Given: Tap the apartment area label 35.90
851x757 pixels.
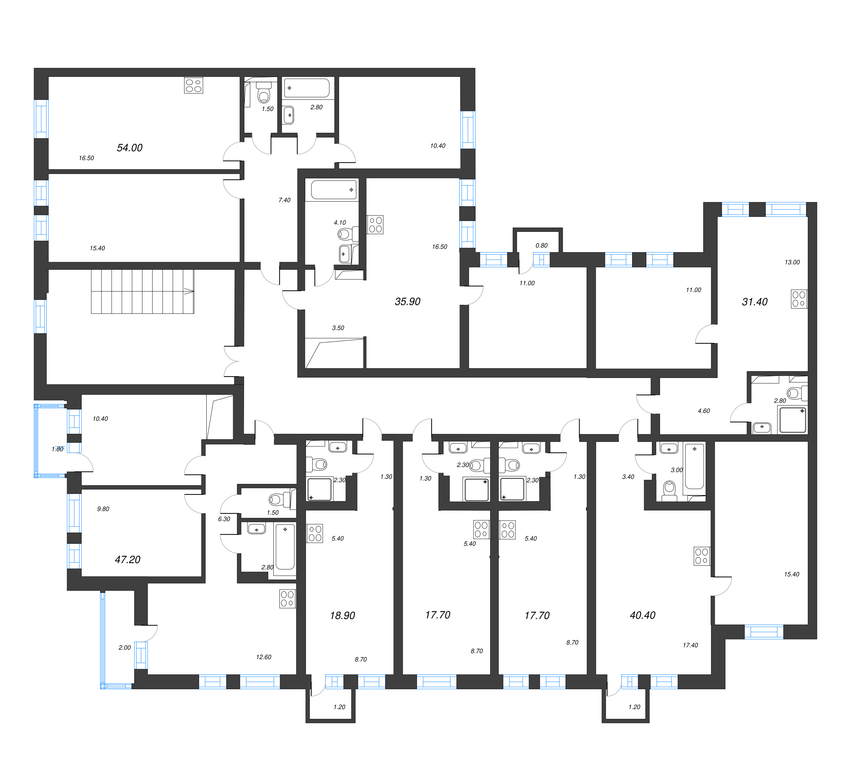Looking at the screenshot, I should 407,301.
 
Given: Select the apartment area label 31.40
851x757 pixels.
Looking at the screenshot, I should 754,302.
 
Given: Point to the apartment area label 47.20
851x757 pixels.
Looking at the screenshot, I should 127,559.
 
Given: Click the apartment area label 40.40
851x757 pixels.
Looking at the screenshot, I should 642,615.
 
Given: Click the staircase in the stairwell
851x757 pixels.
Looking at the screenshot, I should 142,291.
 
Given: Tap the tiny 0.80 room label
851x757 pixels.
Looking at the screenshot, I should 541,246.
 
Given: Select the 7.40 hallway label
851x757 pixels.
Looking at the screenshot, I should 284,200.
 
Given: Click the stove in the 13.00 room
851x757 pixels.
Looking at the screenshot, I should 799,299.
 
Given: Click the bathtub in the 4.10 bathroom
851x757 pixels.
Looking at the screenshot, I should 334,190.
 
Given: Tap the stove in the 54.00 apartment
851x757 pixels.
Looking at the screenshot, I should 194,86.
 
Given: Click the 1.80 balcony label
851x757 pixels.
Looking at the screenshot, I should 58,449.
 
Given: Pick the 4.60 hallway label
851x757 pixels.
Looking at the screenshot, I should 704,411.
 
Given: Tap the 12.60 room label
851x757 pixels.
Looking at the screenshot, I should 263,657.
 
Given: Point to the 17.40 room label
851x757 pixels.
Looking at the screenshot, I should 690,645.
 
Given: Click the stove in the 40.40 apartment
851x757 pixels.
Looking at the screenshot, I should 702,556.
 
